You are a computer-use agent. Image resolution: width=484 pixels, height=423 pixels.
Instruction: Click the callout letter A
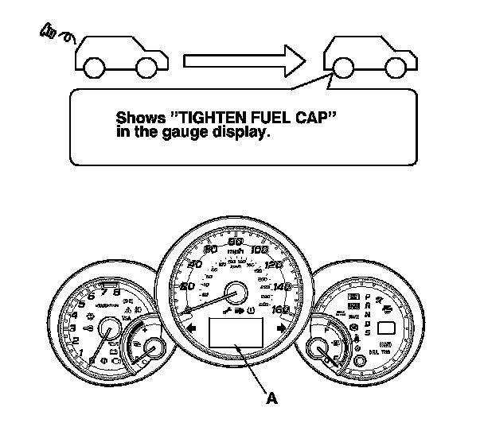tap(272, 399)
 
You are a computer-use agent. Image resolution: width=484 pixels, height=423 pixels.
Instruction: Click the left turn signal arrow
tap(192, 326)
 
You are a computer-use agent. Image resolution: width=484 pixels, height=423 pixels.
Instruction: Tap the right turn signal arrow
tap(281, 326)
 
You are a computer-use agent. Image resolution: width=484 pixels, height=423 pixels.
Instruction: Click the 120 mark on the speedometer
tap(274, 266)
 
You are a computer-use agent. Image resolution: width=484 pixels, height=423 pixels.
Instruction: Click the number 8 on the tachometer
tap(118, 292)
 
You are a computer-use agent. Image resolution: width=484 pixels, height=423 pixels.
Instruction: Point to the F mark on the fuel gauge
tap(328, 324)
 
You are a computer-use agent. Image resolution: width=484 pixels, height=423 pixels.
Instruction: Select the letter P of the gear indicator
tap(367, 295)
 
